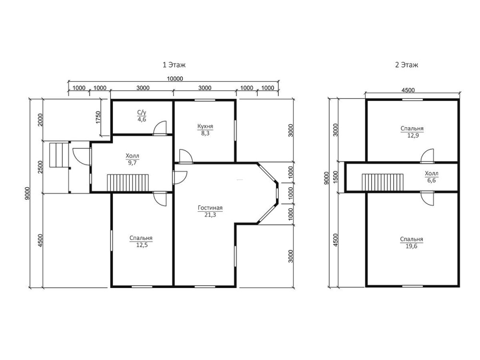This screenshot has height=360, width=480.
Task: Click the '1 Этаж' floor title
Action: click(x=174, y=65)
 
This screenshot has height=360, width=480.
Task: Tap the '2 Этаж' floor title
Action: click(x=406, y=65)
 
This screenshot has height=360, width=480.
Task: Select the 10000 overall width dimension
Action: click(x=175, y=79)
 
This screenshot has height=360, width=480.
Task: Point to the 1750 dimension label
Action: click(x=98, y=117)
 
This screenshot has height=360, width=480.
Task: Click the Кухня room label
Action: click(x=205, y=126)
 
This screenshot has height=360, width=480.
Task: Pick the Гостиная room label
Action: click(x=210, y=208)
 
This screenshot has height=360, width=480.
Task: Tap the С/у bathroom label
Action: click(x=142, y=113)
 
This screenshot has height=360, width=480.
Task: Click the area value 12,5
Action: click(x=142, y=245)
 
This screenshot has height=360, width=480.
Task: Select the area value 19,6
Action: click(x=411, y=246)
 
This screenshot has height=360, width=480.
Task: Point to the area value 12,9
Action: click(x=412, y=135)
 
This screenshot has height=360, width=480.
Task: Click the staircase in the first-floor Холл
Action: click(x=128, y=183)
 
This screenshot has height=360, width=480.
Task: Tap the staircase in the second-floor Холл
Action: click(x=383, y=182)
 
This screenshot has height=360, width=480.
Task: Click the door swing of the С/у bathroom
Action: click(x=160, y=127)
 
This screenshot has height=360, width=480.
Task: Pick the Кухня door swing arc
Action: click(x=186, y=156)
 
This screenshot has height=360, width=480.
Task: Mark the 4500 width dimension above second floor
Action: click(x=408, y=90)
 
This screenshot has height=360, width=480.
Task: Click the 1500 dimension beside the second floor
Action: click(x=336, y=177)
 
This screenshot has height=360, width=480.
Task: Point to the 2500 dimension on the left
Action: click(x=40, y=167)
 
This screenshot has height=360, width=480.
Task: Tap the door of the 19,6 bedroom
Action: click(x=427, y=198)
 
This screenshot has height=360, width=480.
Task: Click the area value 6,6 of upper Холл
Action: click(x=432, y=180)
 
